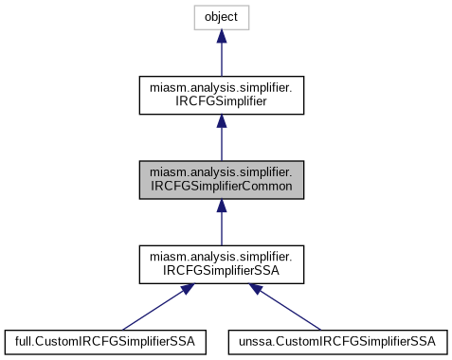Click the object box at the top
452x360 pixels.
(221, 17)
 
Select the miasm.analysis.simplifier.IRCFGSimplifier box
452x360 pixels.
(221, 97)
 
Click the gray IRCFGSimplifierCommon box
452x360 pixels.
(221, 180)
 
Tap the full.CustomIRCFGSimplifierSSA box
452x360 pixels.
(105, 339)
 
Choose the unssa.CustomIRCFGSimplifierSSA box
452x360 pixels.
(337, 339)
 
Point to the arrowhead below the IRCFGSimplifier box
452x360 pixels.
(221, 122)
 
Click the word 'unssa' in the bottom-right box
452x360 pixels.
(252, 339)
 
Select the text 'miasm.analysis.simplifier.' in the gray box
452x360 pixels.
(221, 172)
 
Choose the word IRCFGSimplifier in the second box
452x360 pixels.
(221, 103)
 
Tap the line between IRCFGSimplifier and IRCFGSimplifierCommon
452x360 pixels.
(221, 145)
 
